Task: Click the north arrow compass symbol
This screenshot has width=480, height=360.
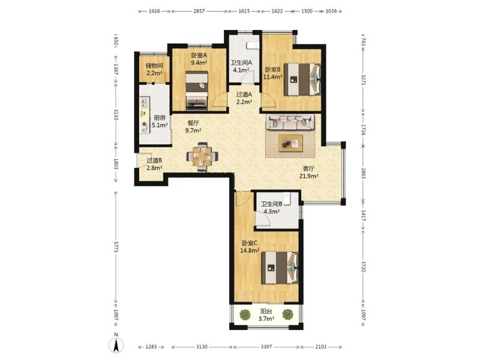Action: [x=116, y=346]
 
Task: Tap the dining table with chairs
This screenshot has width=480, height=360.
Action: [x=202, y=157]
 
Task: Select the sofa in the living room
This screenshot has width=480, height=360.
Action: [x=290, y=122]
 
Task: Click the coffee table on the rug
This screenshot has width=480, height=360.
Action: [x=290, y=143]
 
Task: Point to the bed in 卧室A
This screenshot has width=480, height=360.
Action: [x=197, y=91]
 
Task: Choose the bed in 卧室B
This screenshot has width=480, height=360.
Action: [x=302, y=79]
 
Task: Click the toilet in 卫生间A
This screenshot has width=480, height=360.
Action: [x=251, y=46]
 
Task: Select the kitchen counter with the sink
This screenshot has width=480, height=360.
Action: [x=145, y=115]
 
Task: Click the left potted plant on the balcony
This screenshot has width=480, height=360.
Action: [x=245, y=314]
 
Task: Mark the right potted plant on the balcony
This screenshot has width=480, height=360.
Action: [x=287, y=314]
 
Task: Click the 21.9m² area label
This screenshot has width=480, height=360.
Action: [x=308, y=176]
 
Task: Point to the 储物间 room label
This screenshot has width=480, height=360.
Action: [x=154, y=65]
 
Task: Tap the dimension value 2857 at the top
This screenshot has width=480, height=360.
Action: [x=199, y=11]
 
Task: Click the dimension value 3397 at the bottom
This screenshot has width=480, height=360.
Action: [x=266, y=347]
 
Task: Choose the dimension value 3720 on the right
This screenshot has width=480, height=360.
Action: [x=364, y=266]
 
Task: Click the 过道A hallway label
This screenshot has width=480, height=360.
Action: [x=244, y=95]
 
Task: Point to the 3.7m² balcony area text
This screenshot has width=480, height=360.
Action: [x=266, y=319]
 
